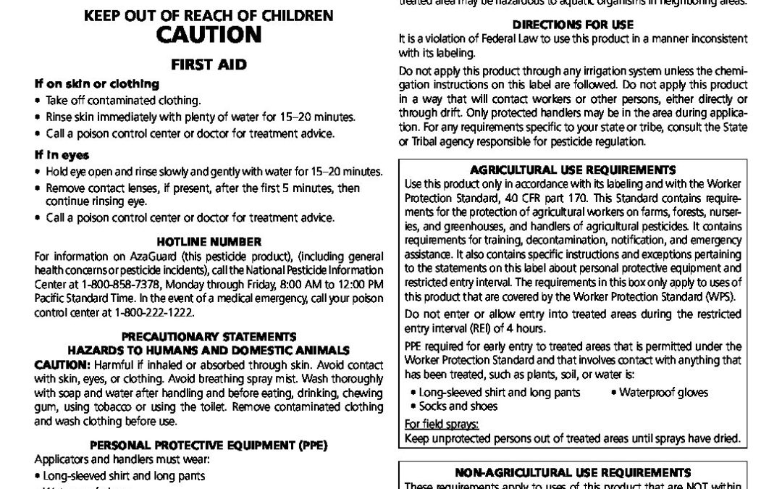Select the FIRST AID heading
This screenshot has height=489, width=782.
(208, 64)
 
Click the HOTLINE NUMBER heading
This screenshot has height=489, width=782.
(208, 241)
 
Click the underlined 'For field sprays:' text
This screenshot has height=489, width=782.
(432, 425)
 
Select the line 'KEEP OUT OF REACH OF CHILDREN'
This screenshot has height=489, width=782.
(209, 15)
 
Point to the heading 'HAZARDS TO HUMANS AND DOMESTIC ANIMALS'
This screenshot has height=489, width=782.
(208, 350)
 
